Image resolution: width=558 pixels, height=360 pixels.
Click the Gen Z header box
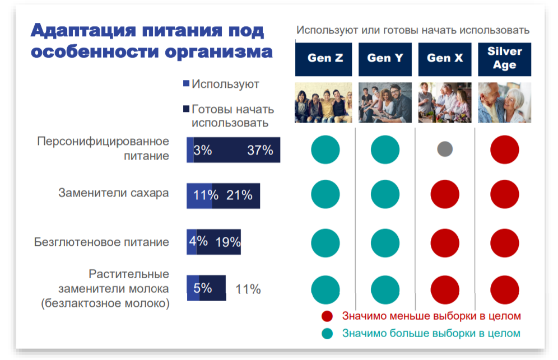pyautogui.click(x=323, y=58)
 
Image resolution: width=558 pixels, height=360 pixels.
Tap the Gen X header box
pyautogui.click(x=445, y=58)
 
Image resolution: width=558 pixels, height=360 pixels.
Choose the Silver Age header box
pyautogui.click(x=504, y=58)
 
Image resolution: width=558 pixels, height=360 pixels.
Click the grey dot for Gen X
pyautogui.click(x=445, y=149)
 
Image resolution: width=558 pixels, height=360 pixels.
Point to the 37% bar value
pyautogui.click(x=259, y=150)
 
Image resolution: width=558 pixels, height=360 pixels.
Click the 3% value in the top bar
pyautogui.click(x=202, y=150)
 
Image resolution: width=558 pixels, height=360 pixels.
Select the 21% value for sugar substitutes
pyautogui.click(x=239, y=195)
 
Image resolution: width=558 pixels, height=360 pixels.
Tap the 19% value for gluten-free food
pyautogui.click(x=227, y=242)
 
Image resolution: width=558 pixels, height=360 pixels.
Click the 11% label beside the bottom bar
pyautogui.click(x=248, y=289)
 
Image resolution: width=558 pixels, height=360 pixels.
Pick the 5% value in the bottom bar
pyautogui.click(x=202, y=288)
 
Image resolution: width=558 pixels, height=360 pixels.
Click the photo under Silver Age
pyautogui.click(x=504, y=102)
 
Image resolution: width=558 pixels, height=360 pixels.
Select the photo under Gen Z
pyautogui.click(x=323, y=102)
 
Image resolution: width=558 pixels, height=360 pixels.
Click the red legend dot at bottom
pyautogui.click(x=327, y=316)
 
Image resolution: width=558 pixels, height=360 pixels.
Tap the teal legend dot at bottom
pyautogui.click(x=327, y=334)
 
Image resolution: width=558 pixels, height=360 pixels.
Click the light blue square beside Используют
pyautogui.click(x=187, y=84)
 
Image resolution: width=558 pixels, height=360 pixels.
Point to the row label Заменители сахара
pyautogui.click(x=114, y=193)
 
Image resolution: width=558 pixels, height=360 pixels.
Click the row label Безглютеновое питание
pyautogui.click(x=101, y=242)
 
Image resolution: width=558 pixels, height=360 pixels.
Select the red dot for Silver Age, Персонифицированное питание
pyautogui.click(x=504, y=149)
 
